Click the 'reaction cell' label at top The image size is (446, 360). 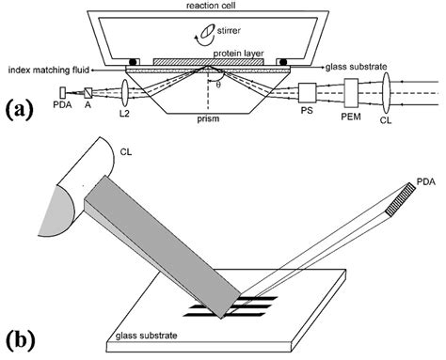[x=223, y=6]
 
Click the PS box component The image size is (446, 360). [x=310, y=93]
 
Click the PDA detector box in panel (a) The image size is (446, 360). [x=63, y=92]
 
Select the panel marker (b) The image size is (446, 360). [x=21, y=337]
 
